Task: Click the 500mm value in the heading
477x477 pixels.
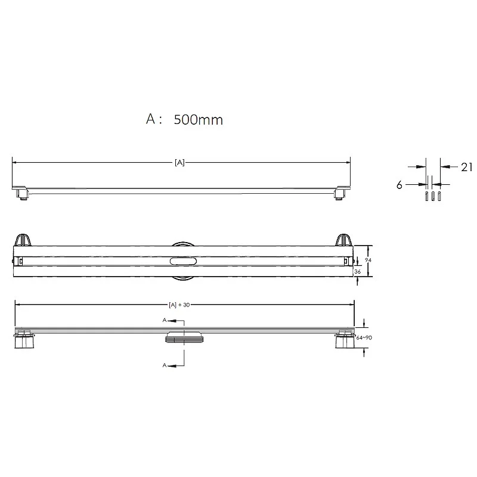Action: [199, 120]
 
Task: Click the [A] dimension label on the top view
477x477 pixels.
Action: [179, 163]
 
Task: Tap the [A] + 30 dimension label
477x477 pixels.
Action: [179, 305]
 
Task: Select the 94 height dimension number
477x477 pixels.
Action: [368, 260]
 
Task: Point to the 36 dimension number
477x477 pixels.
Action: [358, 272]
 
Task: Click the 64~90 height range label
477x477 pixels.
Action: [364, 337]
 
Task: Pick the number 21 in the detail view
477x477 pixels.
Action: [466, 167]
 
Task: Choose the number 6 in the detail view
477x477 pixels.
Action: [399, 185]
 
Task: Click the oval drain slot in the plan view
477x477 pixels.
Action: [184, 261]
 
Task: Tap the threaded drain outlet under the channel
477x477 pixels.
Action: [184, 337]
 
